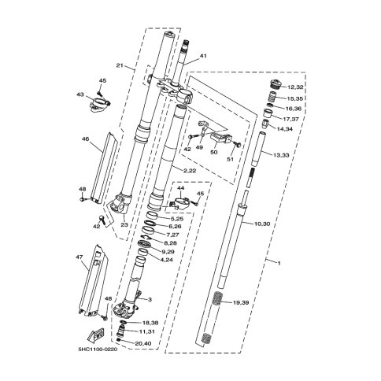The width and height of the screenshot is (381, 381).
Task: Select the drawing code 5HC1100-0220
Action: (x=98, y=350)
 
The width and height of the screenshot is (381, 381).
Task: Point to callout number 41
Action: (x=203, y=56)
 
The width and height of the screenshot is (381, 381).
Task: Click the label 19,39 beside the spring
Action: (x=241, y=303)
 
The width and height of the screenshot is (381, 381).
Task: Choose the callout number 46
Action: (x=86, y=139)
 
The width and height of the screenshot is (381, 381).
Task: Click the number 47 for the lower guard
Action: (x=80, y=257)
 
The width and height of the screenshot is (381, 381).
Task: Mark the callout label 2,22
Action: (x=190, y=171)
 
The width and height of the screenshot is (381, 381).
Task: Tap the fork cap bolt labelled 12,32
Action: (x=276, y=84)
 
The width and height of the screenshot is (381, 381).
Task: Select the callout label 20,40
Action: (x=143, y=343)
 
